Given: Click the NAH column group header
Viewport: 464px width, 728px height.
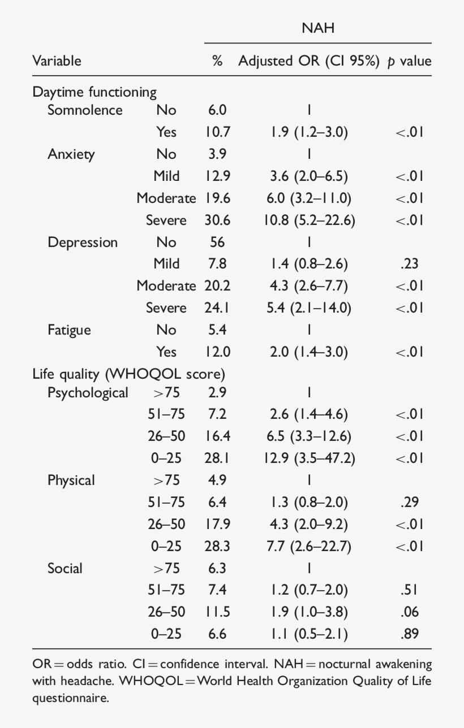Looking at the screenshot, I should click(318, 28).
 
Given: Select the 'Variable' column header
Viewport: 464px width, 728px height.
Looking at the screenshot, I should click(57, 61).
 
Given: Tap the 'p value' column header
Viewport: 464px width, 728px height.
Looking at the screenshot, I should click(409, 61).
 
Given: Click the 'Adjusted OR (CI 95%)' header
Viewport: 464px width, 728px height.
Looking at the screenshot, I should click(308, 61).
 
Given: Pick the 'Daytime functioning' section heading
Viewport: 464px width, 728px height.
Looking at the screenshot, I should click(94, 92).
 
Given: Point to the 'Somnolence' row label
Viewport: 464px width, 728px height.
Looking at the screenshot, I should click(85, 110).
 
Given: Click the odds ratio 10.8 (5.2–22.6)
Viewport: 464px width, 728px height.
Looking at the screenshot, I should click(309, 220).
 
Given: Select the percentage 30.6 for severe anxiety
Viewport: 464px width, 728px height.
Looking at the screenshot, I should click(217, 220).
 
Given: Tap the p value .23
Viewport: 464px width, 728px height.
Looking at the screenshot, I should click(409, 264).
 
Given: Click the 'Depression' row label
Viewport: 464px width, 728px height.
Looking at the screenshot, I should click(83, 242).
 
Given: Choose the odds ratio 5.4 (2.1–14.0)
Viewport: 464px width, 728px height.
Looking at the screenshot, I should click(309, 308).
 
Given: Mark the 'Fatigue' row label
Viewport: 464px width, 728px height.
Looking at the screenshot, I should click(69, 330).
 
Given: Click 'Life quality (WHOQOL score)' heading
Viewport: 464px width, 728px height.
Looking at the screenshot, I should click(129, 374).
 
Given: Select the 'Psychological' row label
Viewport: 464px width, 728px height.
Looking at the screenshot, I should click(88, 392).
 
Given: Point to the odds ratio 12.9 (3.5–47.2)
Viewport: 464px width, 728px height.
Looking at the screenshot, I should click(309, 458).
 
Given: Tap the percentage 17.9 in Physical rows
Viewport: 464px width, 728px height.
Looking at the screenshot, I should click(217, 524).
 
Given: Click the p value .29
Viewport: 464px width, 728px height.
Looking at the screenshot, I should click(409, 502).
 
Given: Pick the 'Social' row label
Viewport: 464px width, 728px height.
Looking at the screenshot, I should click(65, 568).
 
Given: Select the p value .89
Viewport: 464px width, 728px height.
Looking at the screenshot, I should click(409, 634).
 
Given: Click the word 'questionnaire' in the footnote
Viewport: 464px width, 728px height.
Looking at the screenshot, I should click(70, 699).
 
